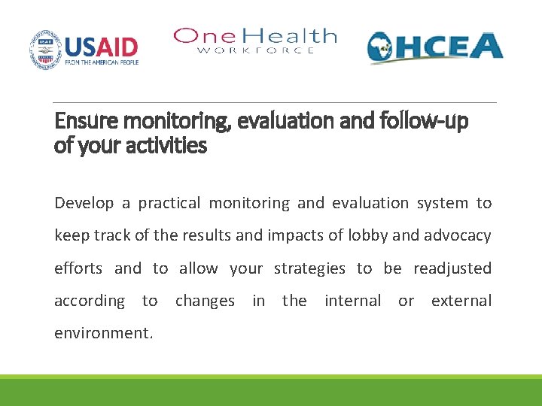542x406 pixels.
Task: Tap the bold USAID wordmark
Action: tap(101, 46)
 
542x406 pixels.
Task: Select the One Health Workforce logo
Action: tap(254, 41)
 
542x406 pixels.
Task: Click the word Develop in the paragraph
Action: tap(83, 203)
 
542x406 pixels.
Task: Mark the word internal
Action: tap(352, 301)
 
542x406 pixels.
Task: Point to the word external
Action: tap(461, 301)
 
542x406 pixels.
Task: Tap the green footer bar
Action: tap(271, 391)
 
